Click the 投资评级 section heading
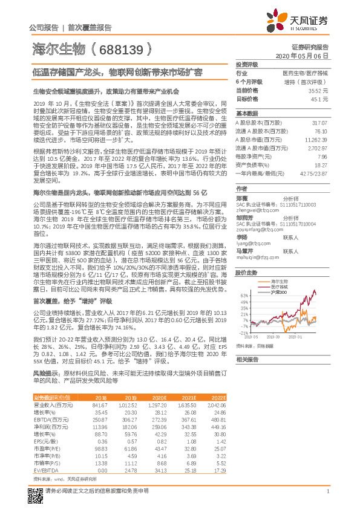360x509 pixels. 246,63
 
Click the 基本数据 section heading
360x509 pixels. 246,113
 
